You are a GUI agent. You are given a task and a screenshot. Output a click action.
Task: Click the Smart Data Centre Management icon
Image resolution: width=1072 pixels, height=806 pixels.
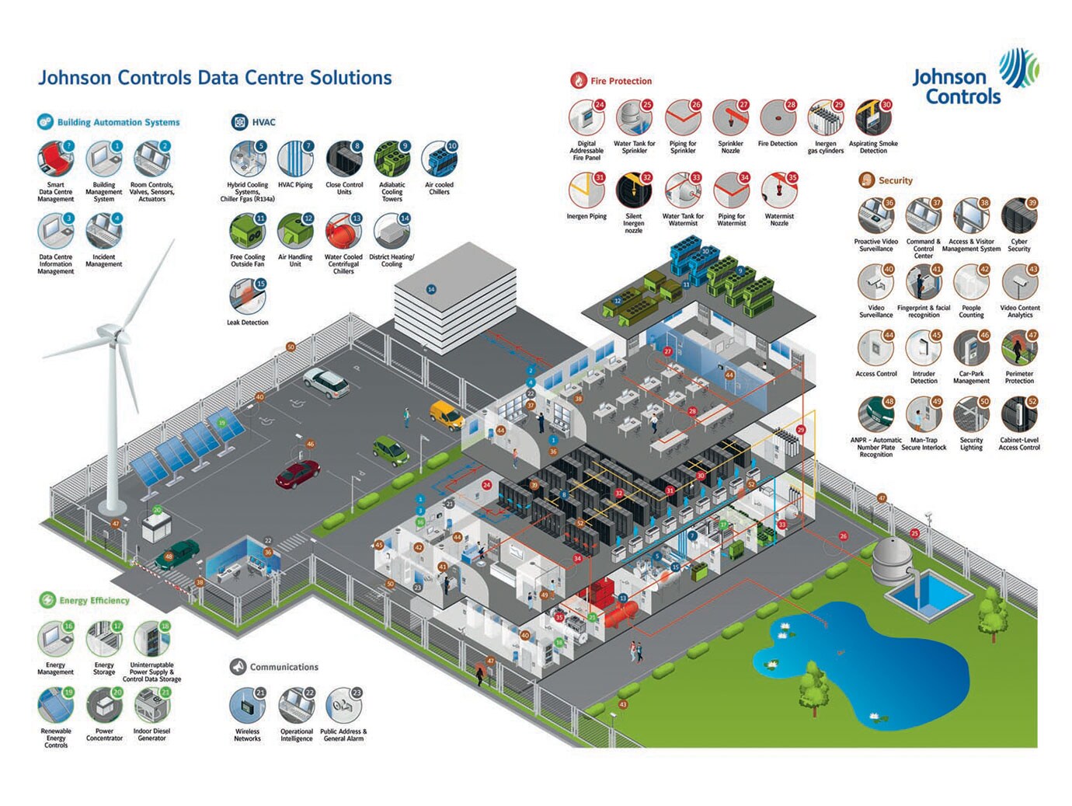[55, 159]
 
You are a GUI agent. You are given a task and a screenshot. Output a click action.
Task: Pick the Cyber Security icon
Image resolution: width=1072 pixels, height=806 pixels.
[1018, 217]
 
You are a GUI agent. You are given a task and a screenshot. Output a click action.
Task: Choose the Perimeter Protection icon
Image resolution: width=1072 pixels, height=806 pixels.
[1018, 349]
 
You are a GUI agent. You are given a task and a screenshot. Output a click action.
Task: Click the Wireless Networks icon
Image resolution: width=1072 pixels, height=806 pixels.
[247, 706]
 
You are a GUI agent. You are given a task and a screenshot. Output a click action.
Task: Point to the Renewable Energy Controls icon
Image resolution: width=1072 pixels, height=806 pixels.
[55, 706]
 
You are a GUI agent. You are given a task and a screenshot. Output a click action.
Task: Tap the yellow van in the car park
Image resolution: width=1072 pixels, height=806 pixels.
[447, 414]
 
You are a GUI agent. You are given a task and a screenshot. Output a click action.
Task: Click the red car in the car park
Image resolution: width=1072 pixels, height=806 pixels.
[298, 473]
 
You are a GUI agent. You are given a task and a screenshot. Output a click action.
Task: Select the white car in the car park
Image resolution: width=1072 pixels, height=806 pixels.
[325, 380]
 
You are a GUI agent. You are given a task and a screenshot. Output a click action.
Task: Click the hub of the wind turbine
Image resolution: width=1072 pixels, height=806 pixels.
[118, 335]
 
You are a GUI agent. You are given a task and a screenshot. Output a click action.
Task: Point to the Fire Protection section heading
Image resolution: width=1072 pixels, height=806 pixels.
[621, 81]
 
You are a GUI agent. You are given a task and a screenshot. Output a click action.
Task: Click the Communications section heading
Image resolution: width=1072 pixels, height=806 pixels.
[284, 667]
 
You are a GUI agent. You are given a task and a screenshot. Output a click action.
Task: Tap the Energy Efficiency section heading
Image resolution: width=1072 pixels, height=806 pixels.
[94, 600]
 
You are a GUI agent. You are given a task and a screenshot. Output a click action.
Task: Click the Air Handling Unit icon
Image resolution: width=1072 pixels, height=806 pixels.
[295, 232]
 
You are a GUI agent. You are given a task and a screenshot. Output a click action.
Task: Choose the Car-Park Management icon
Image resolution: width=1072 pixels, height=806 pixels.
[971, 349]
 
